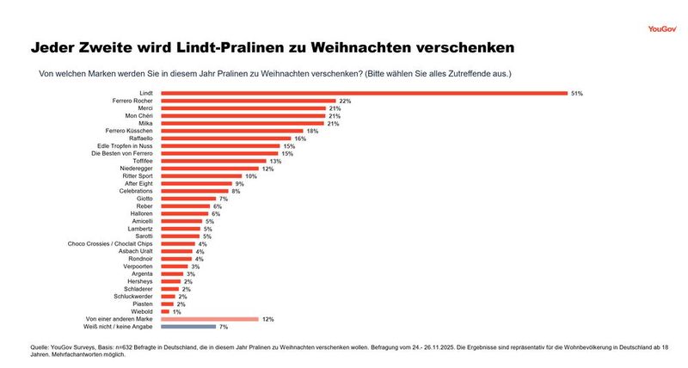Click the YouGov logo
click(x=663, y=28)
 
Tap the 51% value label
click(x=577, y=93)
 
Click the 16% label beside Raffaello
click(x=300, y=138)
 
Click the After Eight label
click(x=138, y=183)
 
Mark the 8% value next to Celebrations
click(x=235, y=191)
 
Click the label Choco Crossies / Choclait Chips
click(x=112, y=244)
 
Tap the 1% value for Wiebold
click(x=176, y=311)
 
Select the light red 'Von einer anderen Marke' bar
click(x=209, y=319)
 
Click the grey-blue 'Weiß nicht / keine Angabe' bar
click(x=188, y=327)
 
